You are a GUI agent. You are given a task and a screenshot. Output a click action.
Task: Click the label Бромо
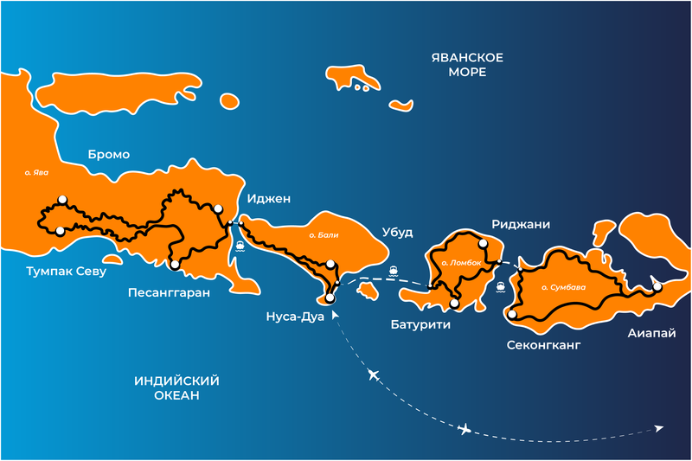[x=108, y=155]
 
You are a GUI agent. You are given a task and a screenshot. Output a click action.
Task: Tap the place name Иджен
[x=268, y=199]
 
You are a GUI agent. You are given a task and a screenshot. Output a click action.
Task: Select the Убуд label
[x=398, y=233]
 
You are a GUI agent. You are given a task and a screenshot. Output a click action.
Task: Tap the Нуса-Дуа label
[x=299, y=318]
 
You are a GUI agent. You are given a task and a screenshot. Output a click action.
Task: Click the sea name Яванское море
[x=467, y=65]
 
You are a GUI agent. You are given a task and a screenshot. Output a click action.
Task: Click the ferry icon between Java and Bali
[x=240, y=245]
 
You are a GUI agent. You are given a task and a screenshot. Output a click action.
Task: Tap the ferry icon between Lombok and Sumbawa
[x=501, y=284]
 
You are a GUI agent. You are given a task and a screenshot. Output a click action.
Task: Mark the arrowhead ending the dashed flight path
[x=660, y=427]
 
